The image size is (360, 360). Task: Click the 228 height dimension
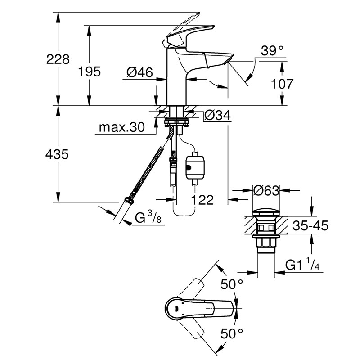(x=58, y=59)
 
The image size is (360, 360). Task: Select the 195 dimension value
(x=90, y=72)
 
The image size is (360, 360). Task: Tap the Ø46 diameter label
(x=140, y=72)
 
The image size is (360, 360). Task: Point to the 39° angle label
(x=272, y=50)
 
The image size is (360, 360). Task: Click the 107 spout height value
(x=282, y=84)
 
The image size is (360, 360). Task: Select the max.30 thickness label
(x=122, y=127)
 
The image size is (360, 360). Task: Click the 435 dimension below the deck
(x=57, y=154)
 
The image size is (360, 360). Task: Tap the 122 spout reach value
(x=202, y=200)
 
